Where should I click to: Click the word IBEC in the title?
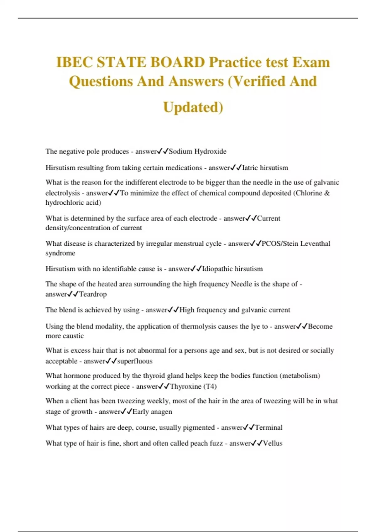click(x=75, y=62)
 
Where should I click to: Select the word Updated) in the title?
click(x=193, y=107)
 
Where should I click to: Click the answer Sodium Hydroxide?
click(x=197, y=151)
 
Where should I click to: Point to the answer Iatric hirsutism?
click(x=265, y=168)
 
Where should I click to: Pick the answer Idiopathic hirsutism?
click(x=232, y=269)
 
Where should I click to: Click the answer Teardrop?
click(x=93, y=294)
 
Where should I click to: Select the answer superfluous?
click(x=135, y=361)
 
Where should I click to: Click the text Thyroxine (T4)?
click(x=193, y=386)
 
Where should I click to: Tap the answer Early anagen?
click(x=152, y=412)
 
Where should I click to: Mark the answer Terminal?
click(x=269, y=427)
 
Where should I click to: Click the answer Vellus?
click(x=273, y=443)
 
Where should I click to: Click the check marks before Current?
click(x=251, y=218)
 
